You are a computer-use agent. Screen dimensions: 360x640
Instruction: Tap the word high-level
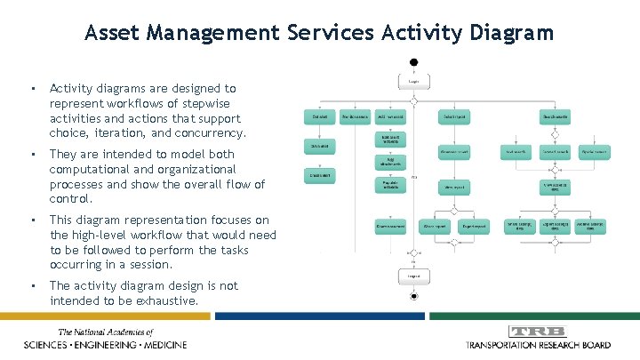pyautogui.click(x=109, y=236)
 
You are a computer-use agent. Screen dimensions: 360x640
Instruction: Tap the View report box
pyautogui.click(x=454, y=188)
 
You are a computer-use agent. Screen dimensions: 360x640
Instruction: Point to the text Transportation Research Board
pyautogui.click(x=539, y=345)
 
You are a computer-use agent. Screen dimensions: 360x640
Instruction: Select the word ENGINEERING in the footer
pyautogui.click(x=92, y=345)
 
